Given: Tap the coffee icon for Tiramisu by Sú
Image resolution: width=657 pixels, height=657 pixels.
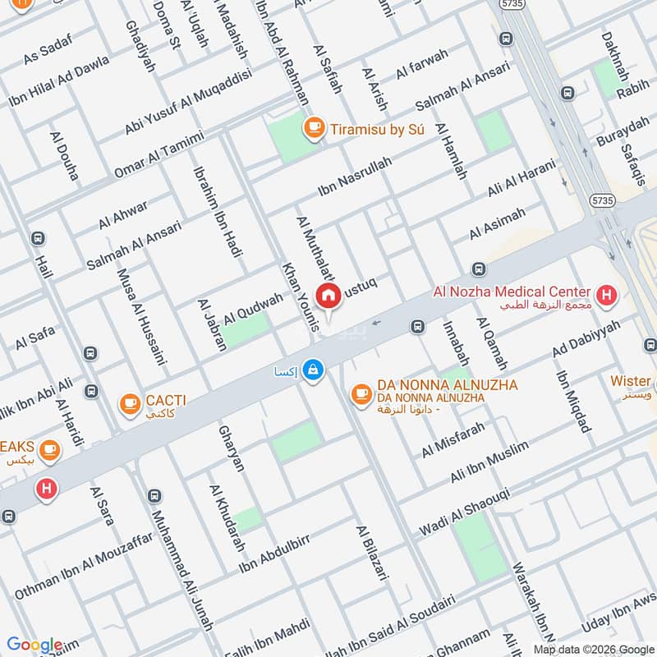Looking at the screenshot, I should click(313, 127).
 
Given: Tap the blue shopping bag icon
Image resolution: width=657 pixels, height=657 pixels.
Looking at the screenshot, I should click(312, 371).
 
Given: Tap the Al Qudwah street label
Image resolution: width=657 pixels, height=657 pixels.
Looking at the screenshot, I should click(253, 307).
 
